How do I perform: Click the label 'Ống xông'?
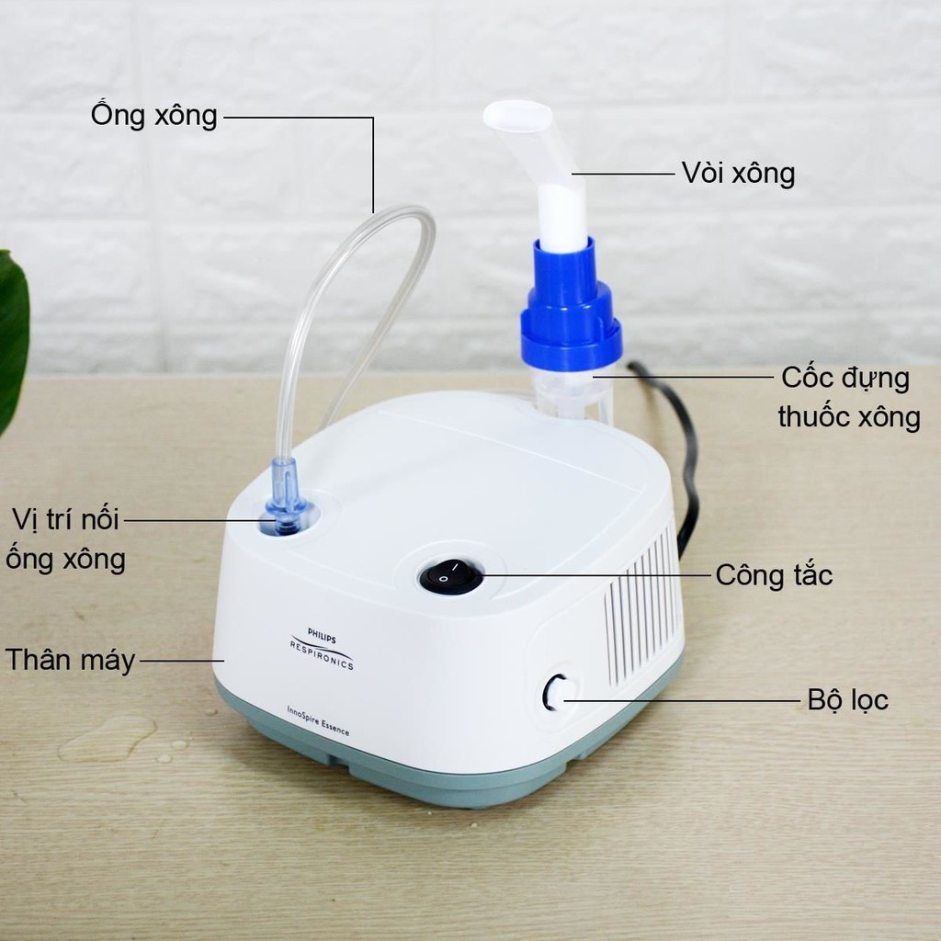point(153,116)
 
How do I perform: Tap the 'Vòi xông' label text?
point(738,173)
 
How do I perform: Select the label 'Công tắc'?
point(774,576)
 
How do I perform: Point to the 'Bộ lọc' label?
point(847,700)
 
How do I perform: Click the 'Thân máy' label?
point(70,659)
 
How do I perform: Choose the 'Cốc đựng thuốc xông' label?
point(847,397)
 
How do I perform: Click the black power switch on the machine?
point(450,577)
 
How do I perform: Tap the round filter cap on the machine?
point(556,693)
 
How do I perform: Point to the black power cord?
point(680,441)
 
